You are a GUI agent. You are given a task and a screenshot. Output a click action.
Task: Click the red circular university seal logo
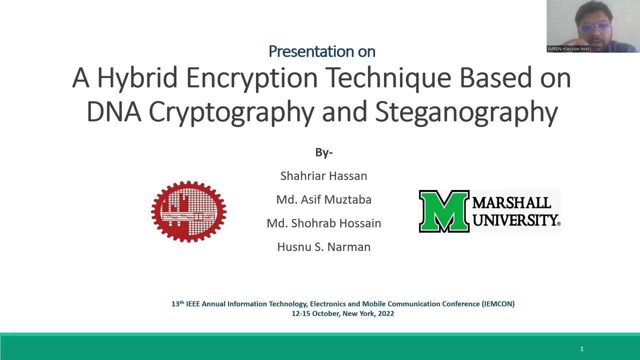pos(188,211)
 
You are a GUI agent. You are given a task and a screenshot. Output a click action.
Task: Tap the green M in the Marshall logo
pos(444,211)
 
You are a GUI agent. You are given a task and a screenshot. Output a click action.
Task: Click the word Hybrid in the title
pos(137,78)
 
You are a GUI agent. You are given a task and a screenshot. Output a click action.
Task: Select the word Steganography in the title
pos(466,111)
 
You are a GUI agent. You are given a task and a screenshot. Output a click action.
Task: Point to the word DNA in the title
pos(113,111)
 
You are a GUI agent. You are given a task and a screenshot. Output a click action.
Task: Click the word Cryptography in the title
pos(231,111)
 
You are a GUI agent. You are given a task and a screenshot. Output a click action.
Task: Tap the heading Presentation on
pos(321,51)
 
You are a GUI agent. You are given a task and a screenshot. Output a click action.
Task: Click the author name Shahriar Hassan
pos(323,176)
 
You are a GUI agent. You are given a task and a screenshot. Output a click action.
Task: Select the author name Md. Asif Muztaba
pos(323,199)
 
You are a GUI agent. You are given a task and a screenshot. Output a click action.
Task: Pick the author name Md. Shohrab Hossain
pos(323,223)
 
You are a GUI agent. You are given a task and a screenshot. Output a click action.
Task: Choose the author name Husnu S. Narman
pos(323,246)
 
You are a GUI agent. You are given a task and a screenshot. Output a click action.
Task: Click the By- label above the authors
pos(323,152)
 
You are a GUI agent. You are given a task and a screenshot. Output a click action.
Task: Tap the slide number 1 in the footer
pos(581,348)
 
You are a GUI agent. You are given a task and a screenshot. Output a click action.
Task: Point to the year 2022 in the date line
pos(385,313)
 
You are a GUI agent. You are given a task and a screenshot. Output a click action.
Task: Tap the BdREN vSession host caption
pos(568,48)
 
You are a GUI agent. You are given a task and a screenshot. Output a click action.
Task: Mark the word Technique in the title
pos(388,78)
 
